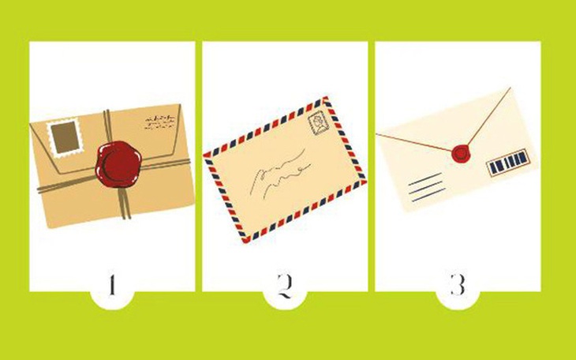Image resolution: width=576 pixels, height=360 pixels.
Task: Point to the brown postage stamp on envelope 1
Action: (61, 135)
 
